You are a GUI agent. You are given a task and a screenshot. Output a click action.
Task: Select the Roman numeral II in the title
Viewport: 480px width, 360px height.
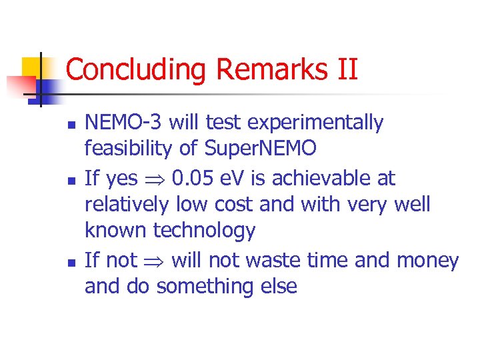pos(345,70)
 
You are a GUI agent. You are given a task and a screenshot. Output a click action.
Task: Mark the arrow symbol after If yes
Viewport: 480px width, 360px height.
pos(154,179)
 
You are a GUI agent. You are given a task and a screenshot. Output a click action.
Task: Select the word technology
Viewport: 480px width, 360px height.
pos(204,231)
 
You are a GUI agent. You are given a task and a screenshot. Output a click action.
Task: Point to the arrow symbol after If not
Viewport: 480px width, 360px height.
pos(154,261)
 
